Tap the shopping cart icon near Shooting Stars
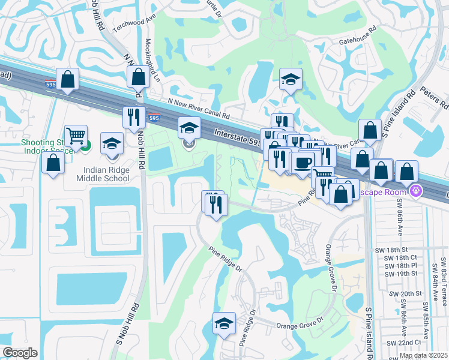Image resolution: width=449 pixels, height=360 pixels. [76, 136]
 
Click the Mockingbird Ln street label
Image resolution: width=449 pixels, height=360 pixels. [153, 61]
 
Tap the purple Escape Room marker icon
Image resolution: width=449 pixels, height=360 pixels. [415, 191]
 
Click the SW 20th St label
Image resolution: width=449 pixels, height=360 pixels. [403, 293]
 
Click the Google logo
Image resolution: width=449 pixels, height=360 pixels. [20, 353]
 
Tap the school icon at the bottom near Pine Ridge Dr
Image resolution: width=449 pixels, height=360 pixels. [224, 323]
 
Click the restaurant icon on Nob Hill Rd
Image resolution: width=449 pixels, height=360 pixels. [132, 117]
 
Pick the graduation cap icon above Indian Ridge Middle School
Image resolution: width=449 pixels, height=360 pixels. [112, 144]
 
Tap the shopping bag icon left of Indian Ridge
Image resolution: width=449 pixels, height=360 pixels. [53, 163]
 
